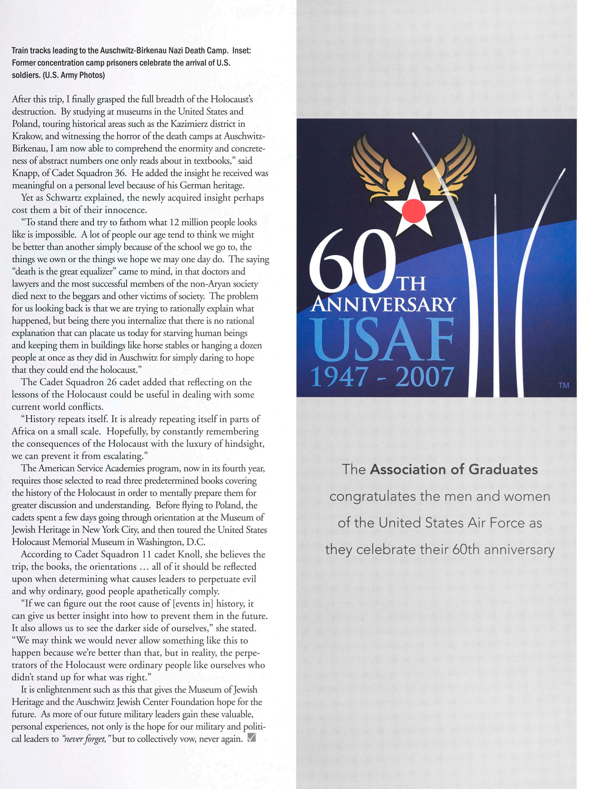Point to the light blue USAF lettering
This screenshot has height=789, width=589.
382,340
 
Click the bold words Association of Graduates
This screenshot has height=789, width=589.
453,469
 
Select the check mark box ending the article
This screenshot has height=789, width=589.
251,738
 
